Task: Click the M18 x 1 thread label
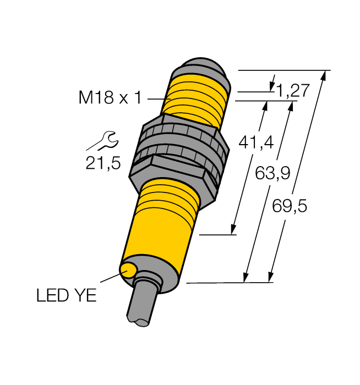point(110,98)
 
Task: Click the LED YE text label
point(66,296)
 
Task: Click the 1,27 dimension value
point(292,90)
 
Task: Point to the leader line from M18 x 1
point(156,99)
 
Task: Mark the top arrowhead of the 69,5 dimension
point(323,76)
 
